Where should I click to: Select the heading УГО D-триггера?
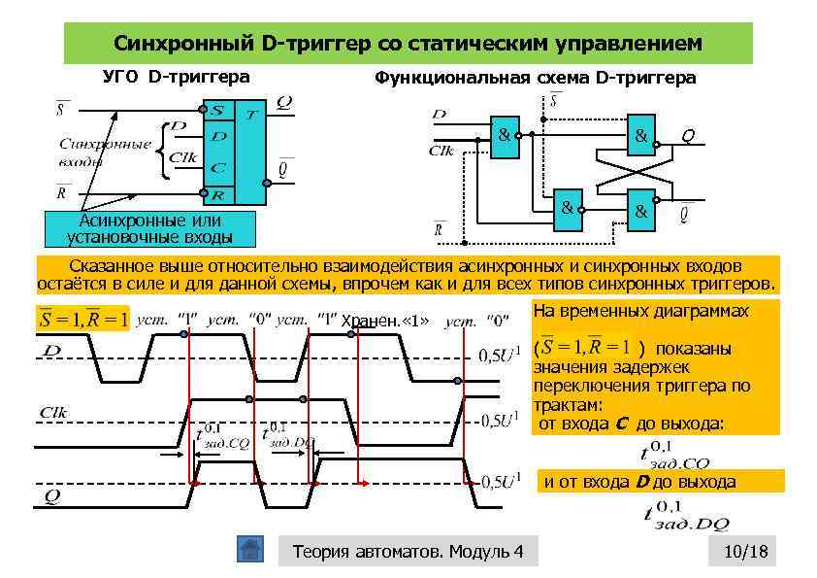tap(176, 76)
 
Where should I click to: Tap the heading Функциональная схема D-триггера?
tap(535, 78)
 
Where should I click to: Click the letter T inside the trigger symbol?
tap(250, 115)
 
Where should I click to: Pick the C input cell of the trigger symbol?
tap(218, 168)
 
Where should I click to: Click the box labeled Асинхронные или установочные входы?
tap(144, 228)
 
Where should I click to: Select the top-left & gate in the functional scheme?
tap(506, 135)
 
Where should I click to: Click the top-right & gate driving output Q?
tap(641, 137)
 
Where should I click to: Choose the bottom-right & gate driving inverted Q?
tap(640, 210)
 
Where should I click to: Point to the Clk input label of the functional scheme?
tap(442, 151)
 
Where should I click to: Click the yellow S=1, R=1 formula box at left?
tap(82, 319)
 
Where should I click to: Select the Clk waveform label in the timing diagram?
tap(53, 412)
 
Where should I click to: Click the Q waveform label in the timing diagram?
tap(51, 495)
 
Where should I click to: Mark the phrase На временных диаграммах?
tap(640, 311)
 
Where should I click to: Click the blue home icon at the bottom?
tap(250, 550)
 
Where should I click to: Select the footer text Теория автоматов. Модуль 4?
tap(408, 552)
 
